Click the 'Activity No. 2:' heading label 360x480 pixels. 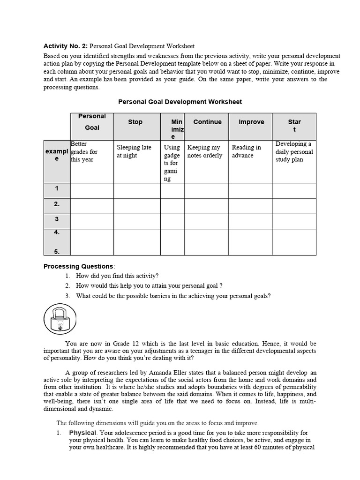[65, 46]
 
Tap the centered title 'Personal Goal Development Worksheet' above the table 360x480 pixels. [180, 101]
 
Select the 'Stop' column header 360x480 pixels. [135, 122]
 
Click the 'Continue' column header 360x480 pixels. [207, 122]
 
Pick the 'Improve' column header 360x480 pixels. [251, 122]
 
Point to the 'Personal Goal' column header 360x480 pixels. [92, 122]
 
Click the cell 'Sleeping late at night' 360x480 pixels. [134, 151]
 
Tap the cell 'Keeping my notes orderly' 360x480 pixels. [205, 151]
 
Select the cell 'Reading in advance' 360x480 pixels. [247, 151]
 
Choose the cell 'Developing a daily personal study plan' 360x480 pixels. [294, 151]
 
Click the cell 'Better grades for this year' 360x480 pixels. [84, 151]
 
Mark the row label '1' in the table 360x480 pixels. [57, 189]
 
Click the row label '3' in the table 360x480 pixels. [57, 219]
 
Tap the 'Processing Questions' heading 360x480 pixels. [78, 266]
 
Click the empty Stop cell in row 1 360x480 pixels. [137, 190]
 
